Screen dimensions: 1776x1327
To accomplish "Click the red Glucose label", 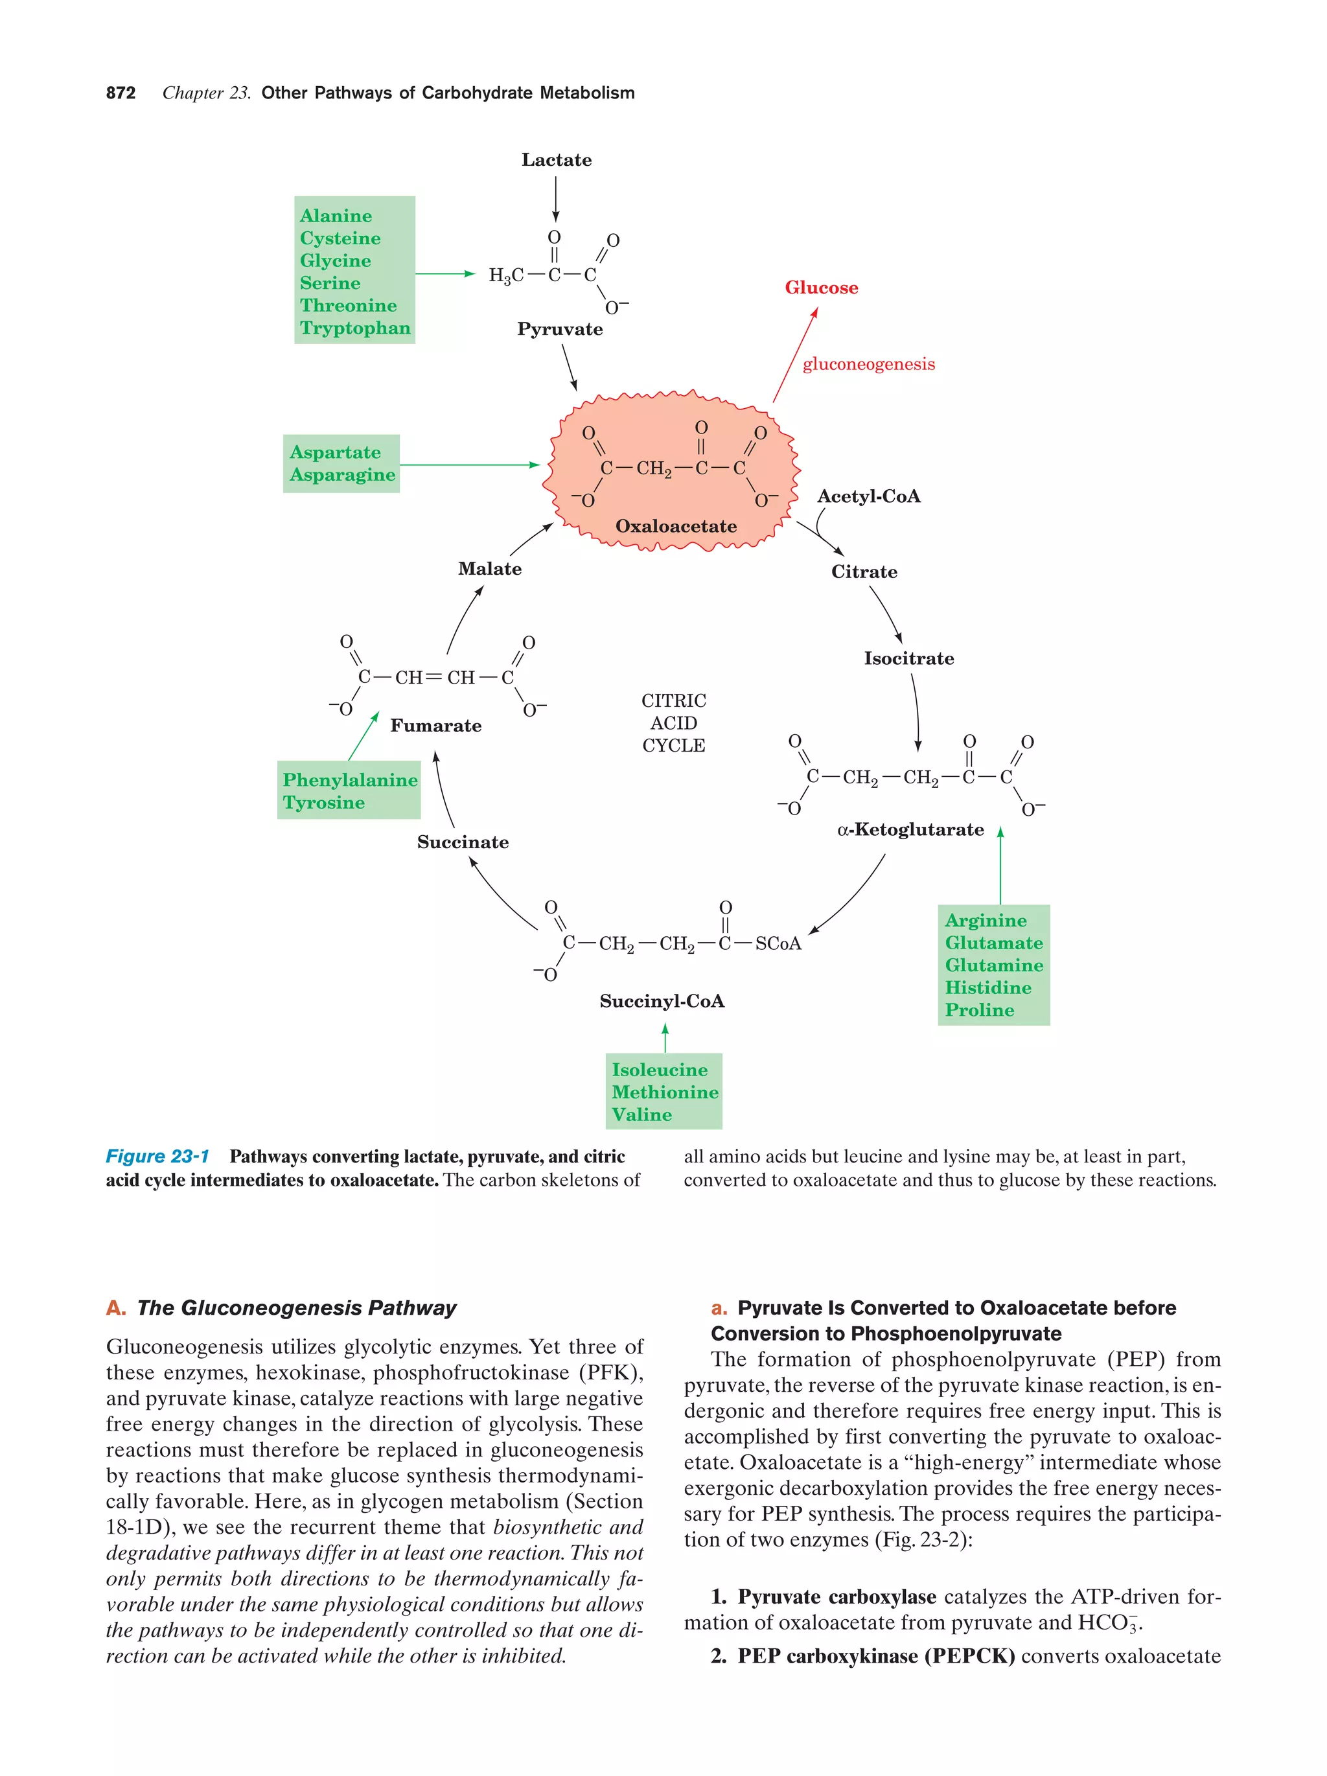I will click(x=820, y=288).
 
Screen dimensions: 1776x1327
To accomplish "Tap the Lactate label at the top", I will click(x=555, y=160).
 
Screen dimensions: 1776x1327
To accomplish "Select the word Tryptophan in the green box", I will click(x=355, y=328).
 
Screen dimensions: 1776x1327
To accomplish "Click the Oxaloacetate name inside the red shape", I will click(x=675, y=526).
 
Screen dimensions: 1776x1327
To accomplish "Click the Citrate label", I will click(x=864, y=571).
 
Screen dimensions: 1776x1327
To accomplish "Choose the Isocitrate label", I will click(x=908, y=658).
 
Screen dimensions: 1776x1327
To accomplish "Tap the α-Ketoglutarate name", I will click(x=910, y=829).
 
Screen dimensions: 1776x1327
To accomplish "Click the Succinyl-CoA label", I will click(x=662, y=1001).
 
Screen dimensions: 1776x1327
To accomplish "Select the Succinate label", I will click(x=463, y=842).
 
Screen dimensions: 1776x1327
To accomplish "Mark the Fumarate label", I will click(x=435, y=726).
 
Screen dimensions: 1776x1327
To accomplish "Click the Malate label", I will click(x=489, y=568).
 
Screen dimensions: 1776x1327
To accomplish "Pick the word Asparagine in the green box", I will click(x=342, y=474).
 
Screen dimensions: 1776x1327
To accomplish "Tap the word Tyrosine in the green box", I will click(x=323, y=802).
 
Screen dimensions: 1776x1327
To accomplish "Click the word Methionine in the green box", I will click(x=665, y=1092).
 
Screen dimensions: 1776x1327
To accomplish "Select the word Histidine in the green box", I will click(x=987, y=987).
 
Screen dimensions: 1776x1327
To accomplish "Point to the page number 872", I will click(x=121, y=93).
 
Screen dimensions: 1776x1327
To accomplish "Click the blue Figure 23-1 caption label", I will click(x=157, y=1156).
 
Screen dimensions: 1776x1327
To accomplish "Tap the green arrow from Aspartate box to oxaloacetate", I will click(x=470, y=464).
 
